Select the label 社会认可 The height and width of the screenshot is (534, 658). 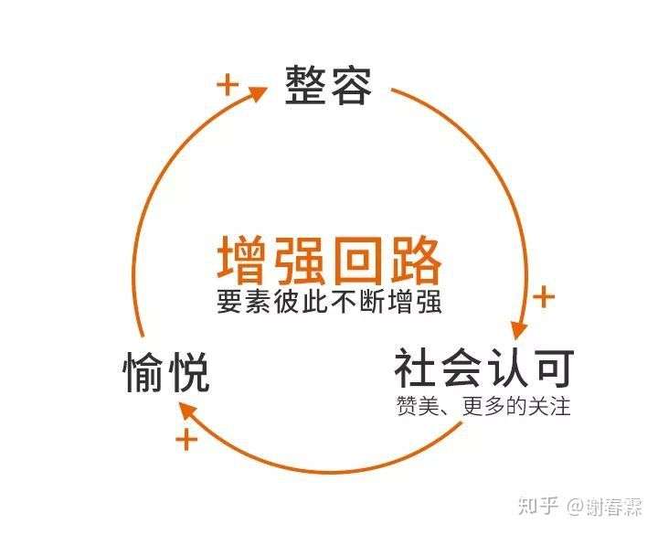483,369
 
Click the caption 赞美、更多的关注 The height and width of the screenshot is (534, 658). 483,405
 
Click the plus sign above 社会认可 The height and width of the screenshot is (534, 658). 544,296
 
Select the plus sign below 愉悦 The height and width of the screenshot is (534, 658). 186,440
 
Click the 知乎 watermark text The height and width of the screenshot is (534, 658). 538,506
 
